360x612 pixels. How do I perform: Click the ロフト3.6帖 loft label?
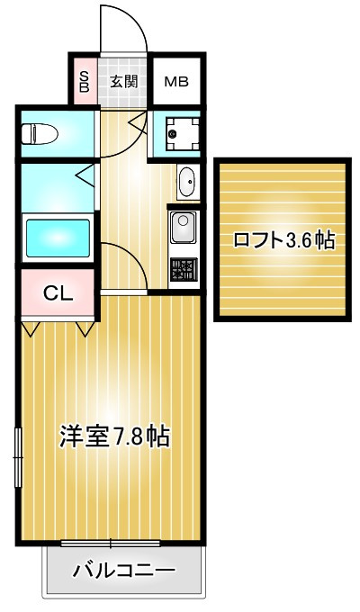tap(283, 240)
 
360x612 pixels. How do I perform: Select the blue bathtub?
tap(57, 238)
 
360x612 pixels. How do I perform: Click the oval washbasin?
tap(187, 181)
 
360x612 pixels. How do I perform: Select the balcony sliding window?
tap(110, 543)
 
